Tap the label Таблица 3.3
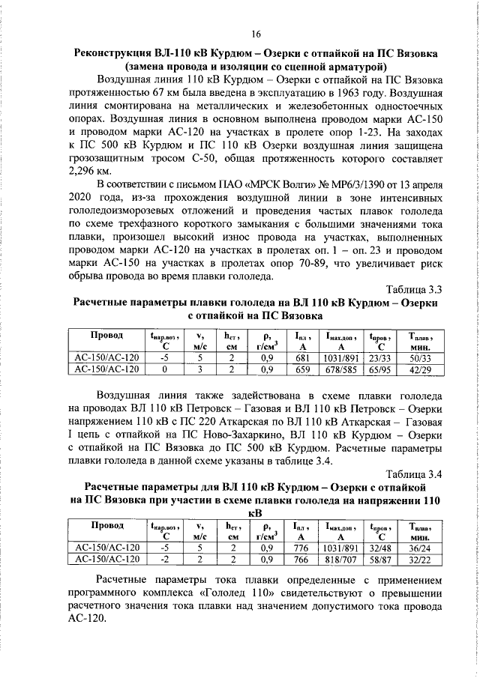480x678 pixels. pyautogui.click(x=412, y=288)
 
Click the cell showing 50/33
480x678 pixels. pyautogui.click(x=415, y=357)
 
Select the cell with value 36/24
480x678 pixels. pyautogui.click(x=415, y=548)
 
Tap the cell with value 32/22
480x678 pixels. pyautogui.click(x=415, y=559)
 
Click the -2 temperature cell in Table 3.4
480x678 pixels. pyautogui.click(x=165, y=559)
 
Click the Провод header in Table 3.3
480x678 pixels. pyautogui.click(x=106, y=335)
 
